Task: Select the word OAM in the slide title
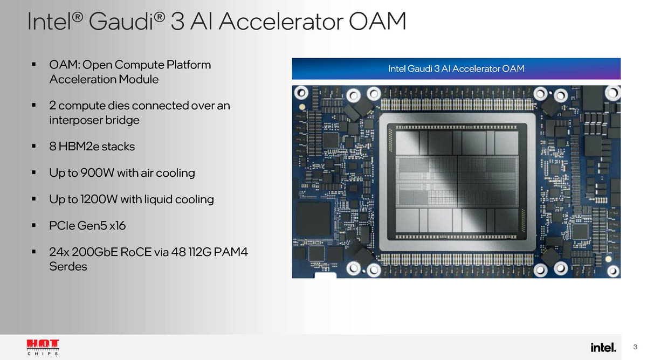pos(377,22)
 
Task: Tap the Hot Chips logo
pos(43,347)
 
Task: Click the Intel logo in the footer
pos(603,347)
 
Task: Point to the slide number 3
pos(635,347)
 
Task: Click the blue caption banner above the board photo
pos(456,69)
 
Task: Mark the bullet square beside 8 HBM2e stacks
pos(34,147)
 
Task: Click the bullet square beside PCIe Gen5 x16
pos(34,226)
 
